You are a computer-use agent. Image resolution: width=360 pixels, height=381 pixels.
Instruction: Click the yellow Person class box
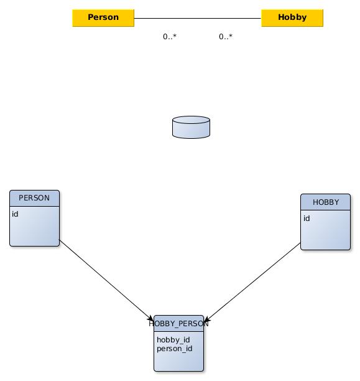[103, 18]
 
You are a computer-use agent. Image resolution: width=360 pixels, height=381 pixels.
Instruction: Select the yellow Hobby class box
[292, 18]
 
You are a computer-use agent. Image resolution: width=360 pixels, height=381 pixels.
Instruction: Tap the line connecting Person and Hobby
[198, 18]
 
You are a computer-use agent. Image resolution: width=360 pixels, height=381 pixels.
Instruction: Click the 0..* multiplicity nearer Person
[170, 37]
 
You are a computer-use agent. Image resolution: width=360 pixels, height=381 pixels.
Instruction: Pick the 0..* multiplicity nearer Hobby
[226, 37]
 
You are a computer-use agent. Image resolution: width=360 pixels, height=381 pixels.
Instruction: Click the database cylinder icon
[191, 128]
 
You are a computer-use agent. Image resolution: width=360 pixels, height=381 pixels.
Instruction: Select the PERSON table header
[34, 198]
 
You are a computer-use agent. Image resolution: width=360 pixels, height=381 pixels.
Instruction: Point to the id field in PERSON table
[15, 214]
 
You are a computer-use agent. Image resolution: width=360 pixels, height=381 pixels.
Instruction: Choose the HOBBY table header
[326, 202]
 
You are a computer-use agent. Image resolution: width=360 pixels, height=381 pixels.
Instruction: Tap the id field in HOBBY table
[307, 219]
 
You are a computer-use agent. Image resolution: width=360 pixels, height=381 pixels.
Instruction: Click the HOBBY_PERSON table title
[178, 324]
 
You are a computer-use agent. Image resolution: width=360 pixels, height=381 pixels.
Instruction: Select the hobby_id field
[173, 340]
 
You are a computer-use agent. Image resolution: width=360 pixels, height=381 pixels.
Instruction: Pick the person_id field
[175, 349]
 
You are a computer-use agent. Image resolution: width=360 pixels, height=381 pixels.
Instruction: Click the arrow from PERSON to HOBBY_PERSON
[106, 280]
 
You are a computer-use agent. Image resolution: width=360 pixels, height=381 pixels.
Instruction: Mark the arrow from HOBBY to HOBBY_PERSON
[252, 282]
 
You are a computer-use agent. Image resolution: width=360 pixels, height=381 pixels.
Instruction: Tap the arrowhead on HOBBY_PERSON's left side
[151, 318]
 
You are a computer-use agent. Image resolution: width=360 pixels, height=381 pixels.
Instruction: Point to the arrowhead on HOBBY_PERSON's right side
[207, 319]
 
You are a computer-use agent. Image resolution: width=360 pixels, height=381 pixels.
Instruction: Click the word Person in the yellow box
[103, 17]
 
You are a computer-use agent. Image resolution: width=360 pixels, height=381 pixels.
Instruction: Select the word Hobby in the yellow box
[292, 17]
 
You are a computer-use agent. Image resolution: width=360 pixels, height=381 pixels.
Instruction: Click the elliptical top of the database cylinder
[191, 120]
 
